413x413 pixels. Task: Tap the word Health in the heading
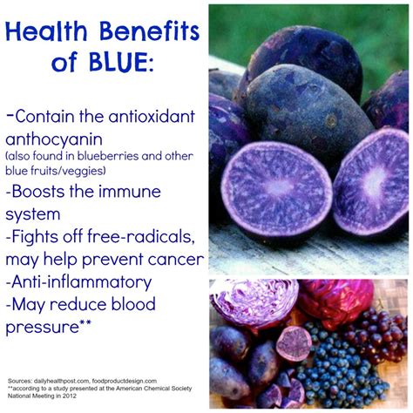point(46,31)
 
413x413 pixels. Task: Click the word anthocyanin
point(54,139)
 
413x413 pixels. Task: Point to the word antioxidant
point(152,116)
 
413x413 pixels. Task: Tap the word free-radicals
point(141,236)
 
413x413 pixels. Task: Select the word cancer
point(175,260)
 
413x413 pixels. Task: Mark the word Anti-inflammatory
point(78,282)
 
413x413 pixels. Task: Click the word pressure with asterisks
point(48,328)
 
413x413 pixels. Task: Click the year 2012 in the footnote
point(70,396)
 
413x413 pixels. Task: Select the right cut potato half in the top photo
point(371,181)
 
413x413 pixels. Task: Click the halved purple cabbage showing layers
point(254,302)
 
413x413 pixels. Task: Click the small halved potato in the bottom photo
point(294,343)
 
